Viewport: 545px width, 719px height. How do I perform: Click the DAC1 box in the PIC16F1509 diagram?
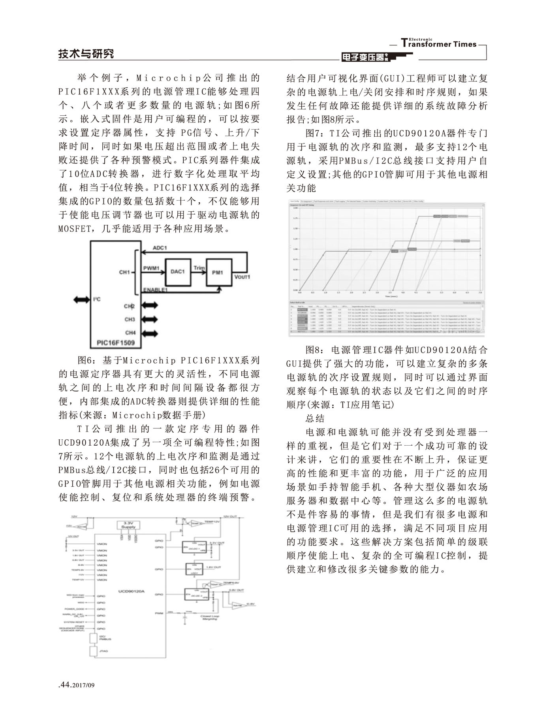pos(178,272)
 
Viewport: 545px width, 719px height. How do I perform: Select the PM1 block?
pos(218,272)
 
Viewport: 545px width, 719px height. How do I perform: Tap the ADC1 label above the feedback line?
pos(160,248)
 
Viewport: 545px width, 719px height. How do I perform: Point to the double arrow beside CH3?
pos(149,319)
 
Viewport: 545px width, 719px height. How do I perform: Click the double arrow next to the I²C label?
pos(82,300)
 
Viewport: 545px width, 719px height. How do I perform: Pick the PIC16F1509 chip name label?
pos(116,343)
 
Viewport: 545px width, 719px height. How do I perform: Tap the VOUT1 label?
pos(242,277)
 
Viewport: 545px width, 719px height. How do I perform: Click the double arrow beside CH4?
pos(149,333)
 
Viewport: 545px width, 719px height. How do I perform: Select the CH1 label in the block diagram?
pos(124,272)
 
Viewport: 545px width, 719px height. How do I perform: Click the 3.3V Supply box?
pos(128,525)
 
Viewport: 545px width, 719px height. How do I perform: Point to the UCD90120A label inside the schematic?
pos(132,591)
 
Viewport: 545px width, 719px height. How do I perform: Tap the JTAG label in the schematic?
pos(103,651)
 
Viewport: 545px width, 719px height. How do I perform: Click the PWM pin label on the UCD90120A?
pos(159,614)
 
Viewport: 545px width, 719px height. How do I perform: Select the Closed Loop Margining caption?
pos(210,617)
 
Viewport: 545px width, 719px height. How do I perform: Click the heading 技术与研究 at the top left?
pos(86,54)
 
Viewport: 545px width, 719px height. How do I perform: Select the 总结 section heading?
pos(315,418)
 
